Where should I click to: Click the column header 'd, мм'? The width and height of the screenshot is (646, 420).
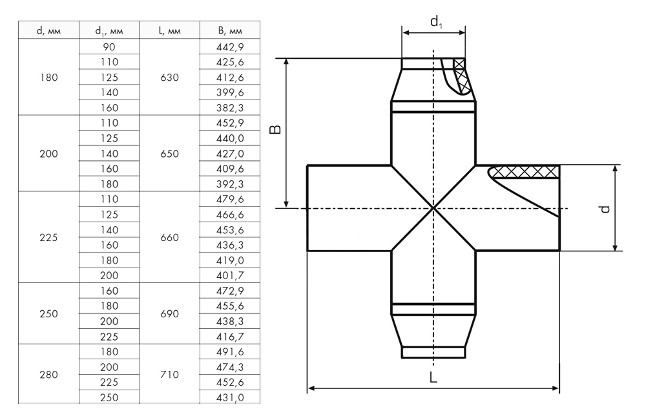click(48, 30)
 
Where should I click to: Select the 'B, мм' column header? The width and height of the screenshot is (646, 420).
click(230, 30)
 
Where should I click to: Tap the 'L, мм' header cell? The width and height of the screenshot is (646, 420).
click(169, 30)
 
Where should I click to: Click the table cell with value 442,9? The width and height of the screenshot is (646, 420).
click(230, 47)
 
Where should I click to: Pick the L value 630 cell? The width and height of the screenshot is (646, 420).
click(169, 77)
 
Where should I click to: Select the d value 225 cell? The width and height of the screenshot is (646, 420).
click(48, 237)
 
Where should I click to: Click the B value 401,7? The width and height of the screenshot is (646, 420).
click(230, 275)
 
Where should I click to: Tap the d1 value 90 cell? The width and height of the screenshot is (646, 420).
click(109, 47)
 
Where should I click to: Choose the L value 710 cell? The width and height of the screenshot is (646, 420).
click(169, 375)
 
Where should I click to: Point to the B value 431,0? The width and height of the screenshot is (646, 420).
click(230, 398)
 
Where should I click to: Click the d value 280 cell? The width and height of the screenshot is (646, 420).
click(48, 375)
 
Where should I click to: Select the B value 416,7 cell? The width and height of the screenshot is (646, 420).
click(230, 337)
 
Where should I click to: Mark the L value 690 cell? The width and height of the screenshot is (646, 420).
click(169, 313)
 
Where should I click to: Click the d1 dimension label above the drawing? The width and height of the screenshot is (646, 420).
click(436, 21)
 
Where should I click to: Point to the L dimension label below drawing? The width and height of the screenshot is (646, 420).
click(433, 377)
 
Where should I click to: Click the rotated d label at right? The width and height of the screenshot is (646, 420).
click(605, 209)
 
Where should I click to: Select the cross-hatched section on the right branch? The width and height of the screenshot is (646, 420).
click(525, 172)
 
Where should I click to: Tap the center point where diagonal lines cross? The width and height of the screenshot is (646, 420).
click(433, 208)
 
